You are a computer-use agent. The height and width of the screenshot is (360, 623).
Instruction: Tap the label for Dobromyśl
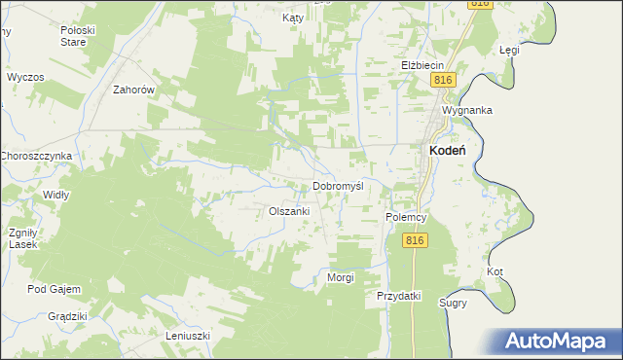(338, 186)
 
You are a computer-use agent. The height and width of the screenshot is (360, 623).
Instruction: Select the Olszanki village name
(289, 211)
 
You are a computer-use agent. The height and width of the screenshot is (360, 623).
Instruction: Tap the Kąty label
(293, 18)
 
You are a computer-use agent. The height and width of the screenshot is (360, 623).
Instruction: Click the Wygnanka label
(466, 111)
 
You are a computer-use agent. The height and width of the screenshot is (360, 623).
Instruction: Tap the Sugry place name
(453, 303)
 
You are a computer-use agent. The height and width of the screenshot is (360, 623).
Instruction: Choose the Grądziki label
(68, 316)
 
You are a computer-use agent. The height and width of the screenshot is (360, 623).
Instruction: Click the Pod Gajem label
(55, 289)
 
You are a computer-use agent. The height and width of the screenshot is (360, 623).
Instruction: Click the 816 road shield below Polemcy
(417, 240)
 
